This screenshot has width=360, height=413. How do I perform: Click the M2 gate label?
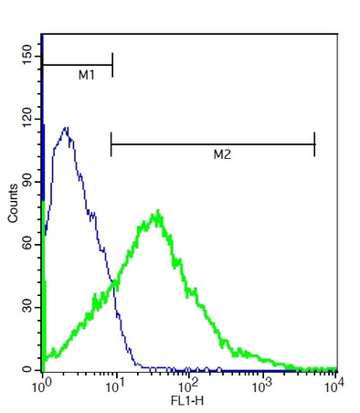[221, 156]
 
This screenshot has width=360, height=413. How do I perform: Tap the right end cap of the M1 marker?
[112, 65]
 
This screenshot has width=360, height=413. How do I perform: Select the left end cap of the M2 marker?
[111, 143]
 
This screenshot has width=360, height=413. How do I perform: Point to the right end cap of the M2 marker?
[314, 143]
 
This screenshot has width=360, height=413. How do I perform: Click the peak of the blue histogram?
[66, 128]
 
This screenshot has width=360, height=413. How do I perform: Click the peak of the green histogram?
[158, 213]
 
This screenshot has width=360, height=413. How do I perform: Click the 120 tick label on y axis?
[27, 117]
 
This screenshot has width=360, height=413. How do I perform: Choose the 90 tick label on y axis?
[27, 181]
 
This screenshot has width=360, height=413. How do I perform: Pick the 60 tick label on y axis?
[27, 244]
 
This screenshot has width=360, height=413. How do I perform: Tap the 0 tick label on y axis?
[27, 369]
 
